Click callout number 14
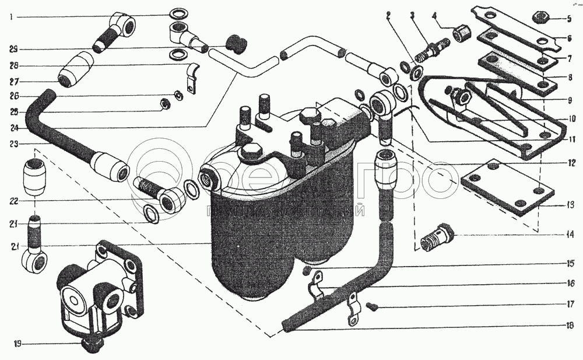pyautogui.click(x=570, y=236)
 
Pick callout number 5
pyautogui.click(x=570, y=18)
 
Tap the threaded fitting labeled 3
pyautogui.click(x=431, y=49)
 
